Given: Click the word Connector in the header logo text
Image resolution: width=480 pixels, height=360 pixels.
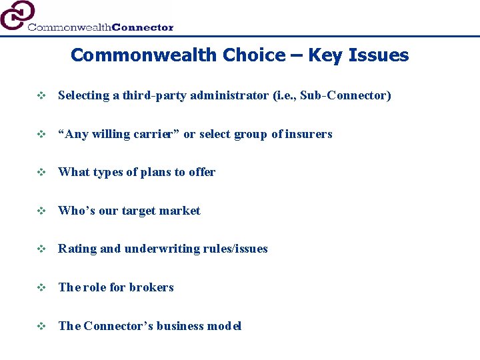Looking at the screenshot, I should (143, 27).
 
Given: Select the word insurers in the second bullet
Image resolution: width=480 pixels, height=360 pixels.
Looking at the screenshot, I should (309, 134).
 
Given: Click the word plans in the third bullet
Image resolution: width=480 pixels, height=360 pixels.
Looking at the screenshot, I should (155, 172).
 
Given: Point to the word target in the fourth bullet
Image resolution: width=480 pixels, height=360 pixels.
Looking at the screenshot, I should (139, 211).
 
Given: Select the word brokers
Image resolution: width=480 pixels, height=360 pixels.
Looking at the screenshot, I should (151, 287).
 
